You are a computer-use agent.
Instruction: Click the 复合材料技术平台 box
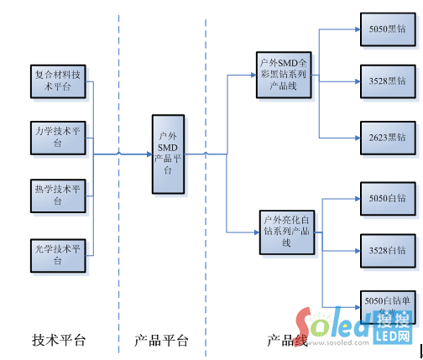[x=58, y=81]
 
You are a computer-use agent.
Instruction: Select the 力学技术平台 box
[x=58, y=138]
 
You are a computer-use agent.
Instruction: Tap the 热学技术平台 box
[x=58, y=195]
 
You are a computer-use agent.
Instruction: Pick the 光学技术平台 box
[x=58, y=253]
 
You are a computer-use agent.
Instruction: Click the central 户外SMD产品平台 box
[x=169, y=152]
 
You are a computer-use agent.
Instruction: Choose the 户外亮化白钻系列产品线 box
[x=285, y=231]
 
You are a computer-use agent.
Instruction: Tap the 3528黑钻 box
[x=386, y=81]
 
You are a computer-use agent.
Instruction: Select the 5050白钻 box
[x=386, y=198]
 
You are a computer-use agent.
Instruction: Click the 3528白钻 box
[x=386, y=250]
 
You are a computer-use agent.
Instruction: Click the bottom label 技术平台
[x=59, y=341]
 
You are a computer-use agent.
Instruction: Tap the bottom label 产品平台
[x=161, y=341]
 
